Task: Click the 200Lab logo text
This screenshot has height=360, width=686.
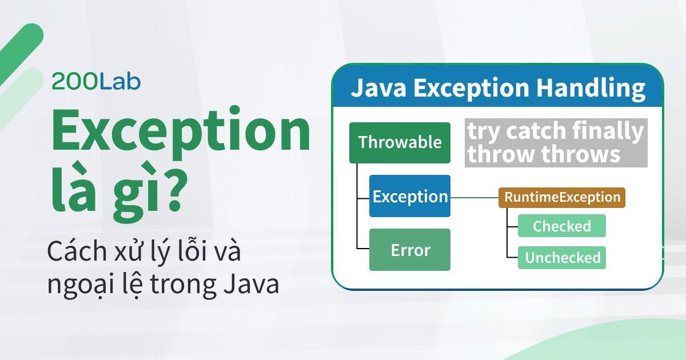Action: pyautogui.click(x=96, y=82)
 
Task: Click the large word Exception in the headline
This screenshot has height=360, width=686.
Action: pyautogui.click(x=181, y=133)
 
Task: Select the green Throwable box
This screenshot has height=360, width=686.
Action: pyautogui.click(x=400, y=142)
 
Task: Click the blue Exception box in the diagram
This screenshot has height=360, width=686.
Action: pyautogui.click(x=410, y=197)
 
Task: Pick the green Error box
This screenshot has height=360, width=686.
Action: pyautogui.click(x=410, y=250)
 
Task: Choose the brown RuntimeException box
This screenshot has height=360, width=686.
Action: pyautogui.click(x=562, y=197)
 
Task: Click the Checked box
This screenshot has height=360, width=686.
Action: pyautogui.click(x=561, y=226)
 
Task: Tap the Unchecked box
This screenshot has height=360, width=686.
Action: pyautogui.click(x=562, y=258)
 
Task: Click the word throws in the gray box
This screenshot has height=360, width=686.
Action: pyautogui.click(x=584, y=154)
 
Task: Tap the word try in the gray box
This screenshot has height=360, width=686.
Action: pyautogui.click(x=481, y=131)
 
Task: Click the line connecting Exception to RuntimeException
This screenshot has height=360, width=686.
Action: pyautogui.click(x=474, y=197)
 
